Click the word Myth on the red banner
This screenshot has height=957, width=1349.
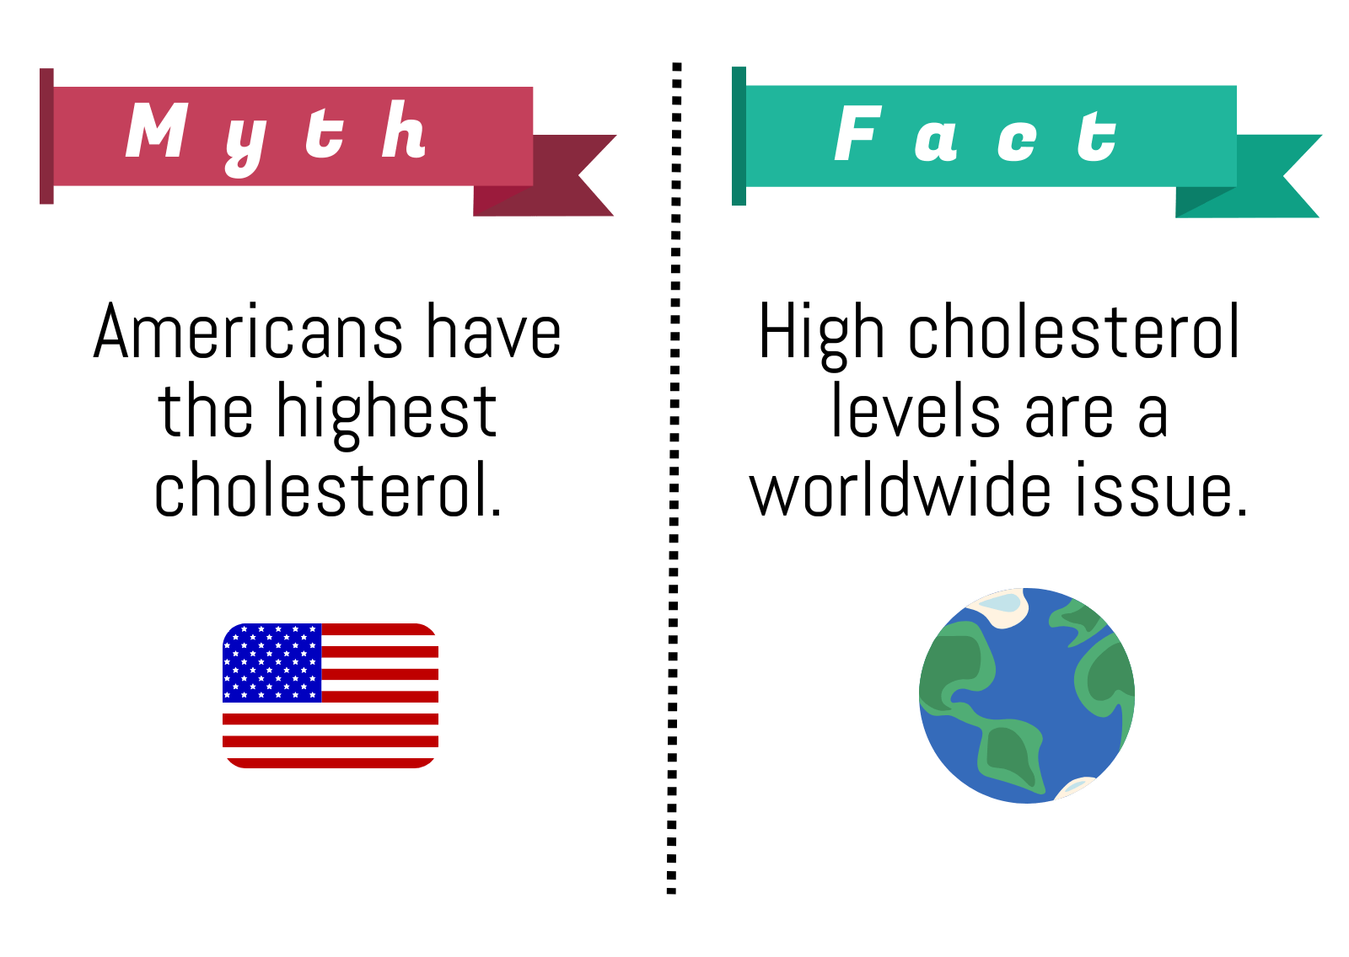tap(276, 138)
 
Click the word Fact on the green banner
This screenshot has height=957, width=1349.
tap(975, 134)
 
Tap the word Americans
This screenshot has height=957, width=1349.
tap(248, 331)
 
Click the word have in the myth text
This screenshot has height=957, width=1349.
tap(494, 331)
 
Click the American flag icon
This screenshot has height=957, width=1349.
tap(331, 696)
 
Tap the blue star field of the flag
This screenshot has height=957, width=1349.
tap(271, 663)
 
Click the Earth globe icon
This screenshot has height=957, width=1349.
tap(1027, 696)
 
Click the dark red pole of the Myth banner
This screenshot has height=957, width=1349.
tap(46, 136)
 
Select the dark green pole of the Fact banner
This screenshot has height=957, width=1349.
tap(739, 136)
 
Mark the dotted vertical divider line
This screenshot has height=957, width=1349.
tap(674, 478)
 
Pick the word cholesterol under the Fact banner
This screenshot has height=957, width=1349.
tap(1074, 331)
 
